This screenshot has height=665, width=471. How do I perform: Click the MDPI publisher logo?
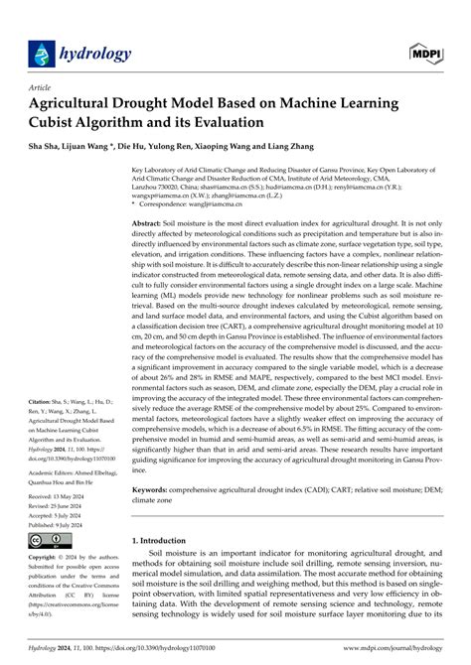[x=421, y=49]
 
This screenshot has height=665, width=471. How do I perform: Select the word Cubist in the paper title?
[x=57, y=123]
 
